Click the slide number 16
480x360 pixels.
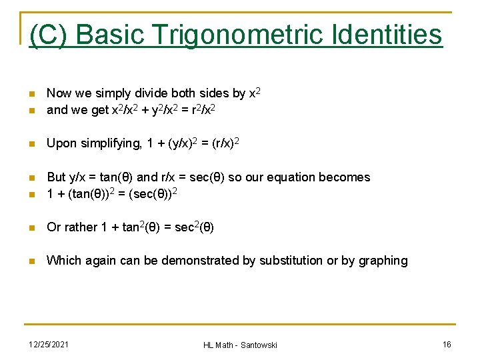[x=447, y=344]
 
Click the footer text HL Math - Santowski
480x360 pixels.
[x=240, y=345]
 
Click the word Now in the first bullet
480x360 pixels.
[x=59, y=93]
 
